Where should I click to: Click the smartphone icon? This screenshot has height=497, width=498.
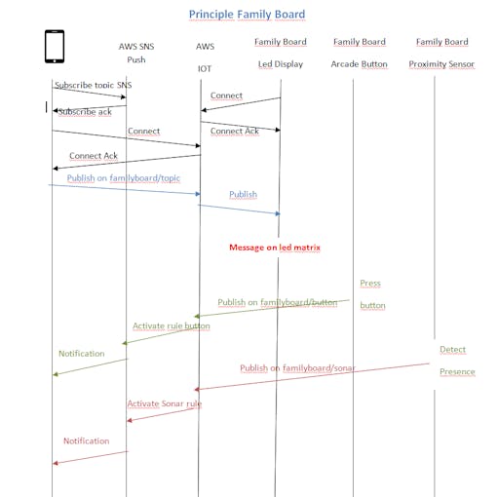55,46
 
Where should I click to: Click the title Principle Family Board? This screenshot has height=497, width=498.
247,15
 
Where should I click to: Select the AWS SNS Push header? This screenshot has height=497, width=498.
136,53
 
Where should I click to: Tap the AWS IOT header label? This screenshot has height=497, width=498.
205,57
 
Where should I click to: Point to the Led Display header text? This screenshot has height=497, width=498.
281,64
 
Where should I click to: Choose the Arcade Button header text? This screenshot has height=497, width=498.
359,64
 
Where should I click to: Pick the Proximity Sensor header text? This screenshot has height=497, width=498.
441,64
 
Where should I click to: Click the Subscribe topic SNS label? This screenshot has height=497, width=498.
94,85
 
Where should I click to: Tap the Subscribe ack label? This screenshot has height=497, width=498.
85,112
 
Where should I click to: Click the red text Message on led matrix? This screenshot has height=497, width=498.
275,248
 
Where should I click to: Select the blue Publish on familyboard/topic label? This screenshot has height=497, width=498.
124,178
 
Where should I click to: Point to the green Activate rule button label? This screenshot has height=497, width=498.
172,325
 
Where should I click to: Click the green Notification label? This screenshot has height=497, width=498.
82,354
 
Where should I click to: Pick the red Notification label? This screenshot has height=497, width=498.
87,440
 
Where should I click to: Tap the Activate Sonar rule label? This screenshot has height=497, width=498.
165,403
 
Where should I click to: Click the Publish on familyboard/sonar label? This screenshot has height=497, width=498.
297,368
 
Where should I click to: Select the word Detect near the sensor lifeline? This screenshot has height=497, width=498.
452,349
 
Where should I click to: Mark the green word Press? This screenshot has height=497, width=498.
370,283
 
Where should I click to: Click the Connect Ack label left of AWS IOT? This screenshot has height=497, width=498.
94,156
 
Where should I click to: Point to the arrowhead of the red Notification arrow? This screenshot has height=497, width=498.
55,463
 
